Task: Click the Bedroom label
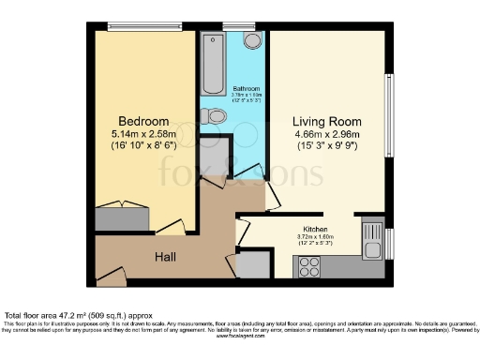tap(143, 121)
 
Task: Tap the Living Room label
tap(325, 121)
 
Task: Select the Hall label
tap(165, 256)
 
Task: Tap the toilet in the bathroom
tap(215, 116)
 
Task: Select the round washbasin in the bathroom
tap(252, 40)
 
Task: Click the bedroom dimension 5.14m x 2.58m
tap(143, 135)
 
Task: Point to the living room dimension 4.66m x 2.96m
tap(325, 135)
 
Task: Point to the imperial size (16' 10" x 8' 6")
tap(143, 148)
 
